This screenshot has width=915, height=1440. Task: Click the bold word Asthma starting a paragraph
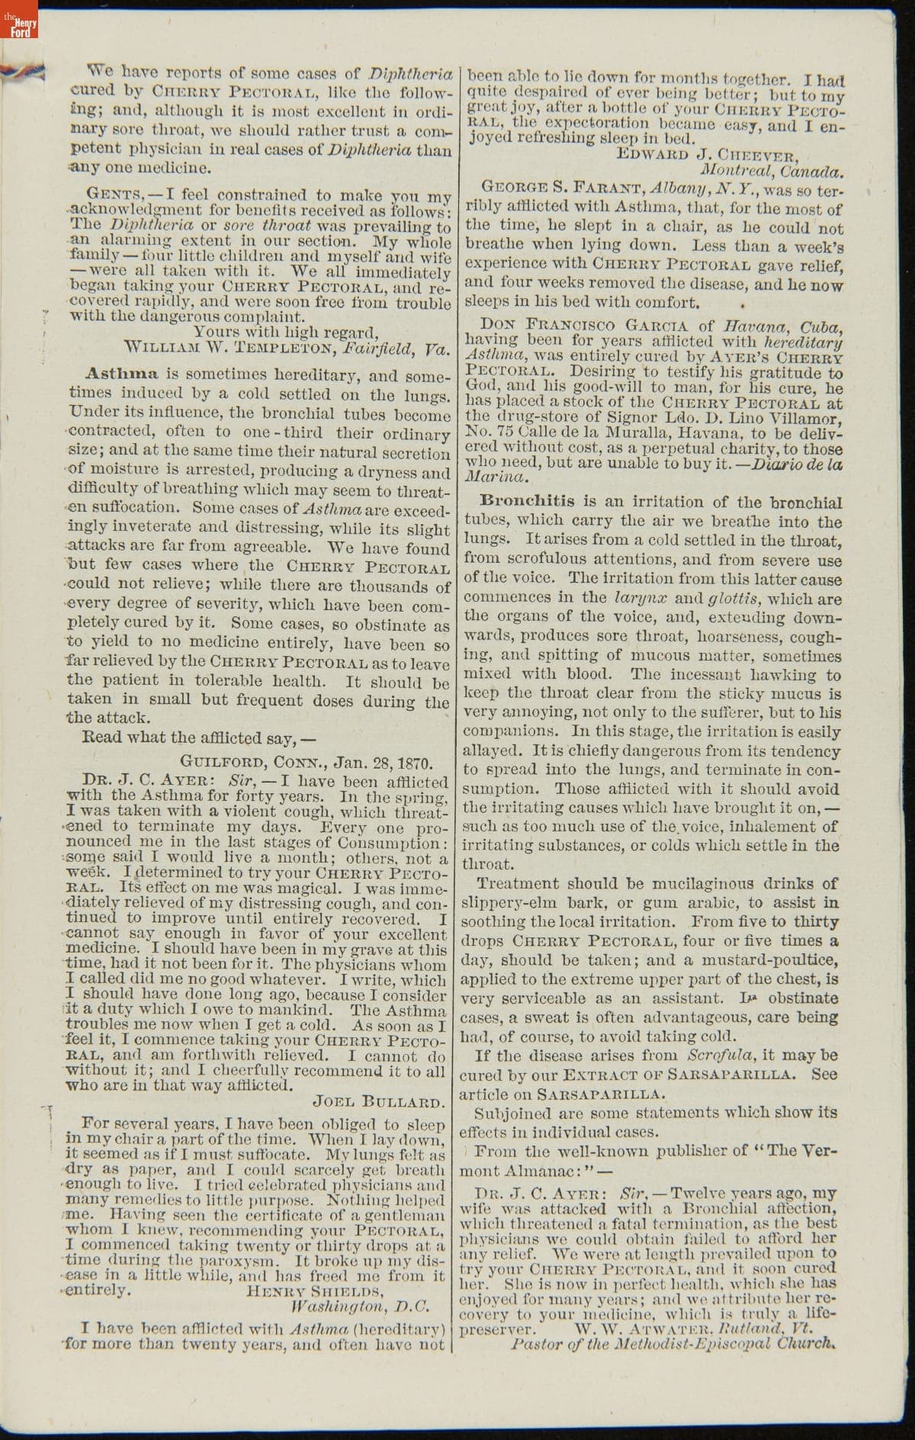[x=122, y=374]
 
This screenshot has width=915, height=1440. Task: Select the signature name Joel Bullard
[x=378, y=1101]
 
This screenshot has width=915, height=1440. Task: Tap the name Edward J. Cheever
[x=707, y=156]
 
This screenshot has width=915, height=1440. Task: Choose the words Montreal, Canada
[x=770, y=172]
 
